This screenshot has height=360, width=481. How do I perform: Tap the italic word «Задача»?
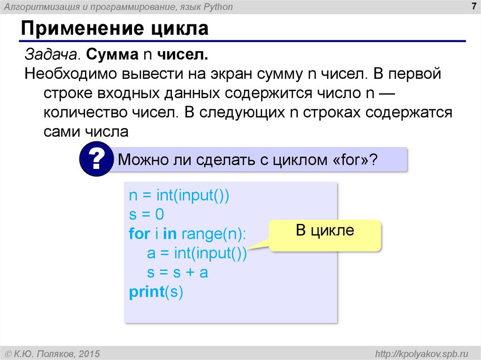pyautogui.click(x=51, y=55)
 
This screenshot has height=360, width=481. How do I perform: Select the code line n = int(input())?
pyautogui.click(x=178, y=196)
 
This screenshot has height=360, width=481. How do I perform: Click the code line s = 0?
pyautogui.click(x=146, y=215)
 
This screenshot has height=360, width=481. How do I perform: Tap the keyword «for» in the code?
pyautogui.click(x=139, y=234)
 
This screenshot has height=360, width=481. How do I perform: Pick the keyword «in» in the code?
pyautogui.click(x=170, y=234)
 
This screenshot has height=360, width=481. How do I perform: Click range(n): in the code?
pyautogui.click(x=214, y=234)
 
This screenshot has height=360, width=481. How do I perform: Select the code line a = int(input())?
pyautogui.click(x=196, y=253)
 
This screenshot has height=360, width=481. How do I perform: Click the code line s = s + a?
pyautogui.click(x=177, y=273)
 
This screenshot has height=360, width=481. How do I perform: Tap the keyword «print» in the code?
pyautogui.click(x=146, y=292)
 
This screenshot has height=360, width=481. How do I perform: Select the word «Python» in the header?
pyautogui.click(x=217, y=7)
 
